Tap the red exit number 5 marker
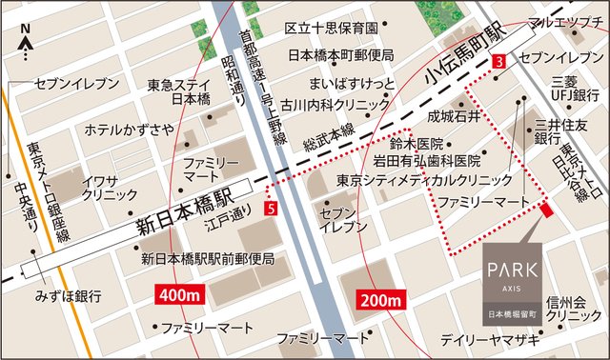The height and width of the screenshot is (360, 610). [274, 208]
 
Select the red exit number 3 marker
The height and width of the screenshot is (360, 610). [498, 61]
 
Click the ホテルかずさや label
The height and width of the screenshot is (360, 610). [129, 129]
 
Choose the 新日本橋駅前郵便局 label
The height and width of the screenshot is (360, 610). [207, 258]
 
